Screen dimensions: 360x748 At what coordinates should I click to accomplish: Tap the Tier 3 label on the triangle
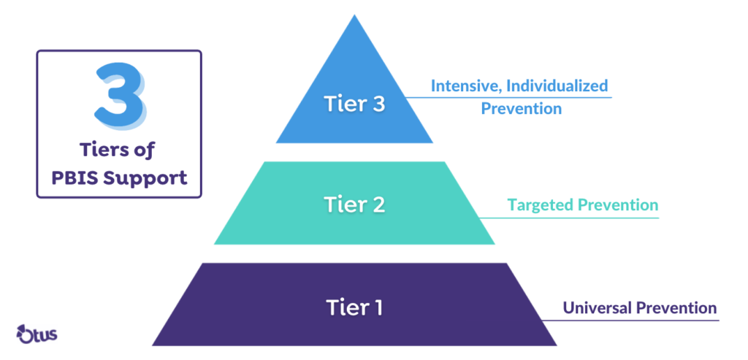tap(354, 104)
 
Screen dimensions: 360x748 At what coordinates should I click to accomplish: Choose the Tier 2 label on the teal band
tap(354, 206)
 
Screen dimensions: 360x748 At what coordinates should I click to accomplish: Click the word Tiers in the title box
tap(102, 151)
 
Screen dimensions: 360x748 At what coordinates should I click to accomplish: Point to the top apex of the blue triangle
tap(354, 16)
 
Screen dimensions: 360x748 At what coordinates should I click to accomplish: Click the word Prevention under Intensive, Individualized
tap(520, 109)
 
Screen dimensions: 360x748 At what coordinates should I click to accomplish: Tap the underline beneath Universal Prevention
tap(636, 319)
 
